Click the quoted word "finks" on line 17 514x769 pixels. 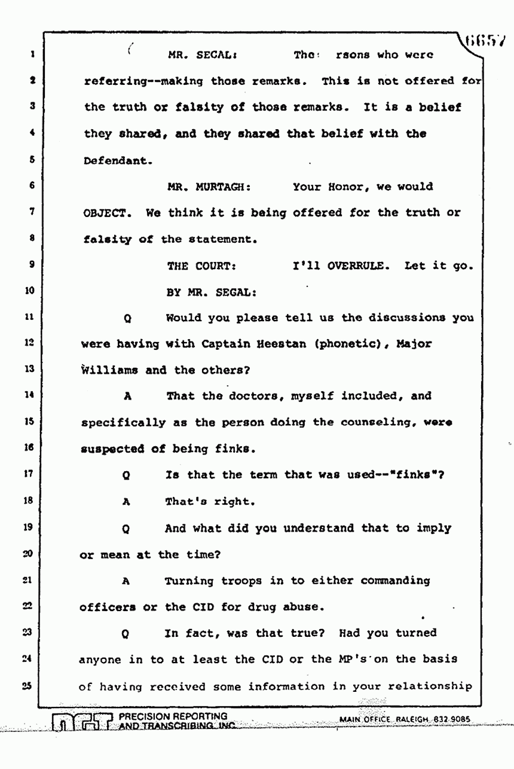tap(423, 475)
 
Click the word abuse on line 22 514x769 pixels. tap(302, 606)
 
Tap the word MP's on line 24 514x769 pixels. tap(350, 659)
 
